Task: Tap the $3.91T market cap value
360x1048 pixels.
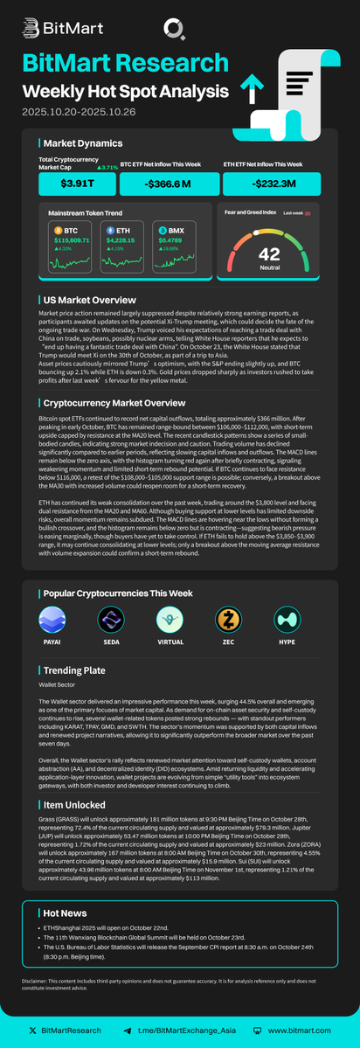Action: point(77,183)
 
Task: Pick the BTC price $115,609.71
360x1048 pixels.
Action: point(72,239)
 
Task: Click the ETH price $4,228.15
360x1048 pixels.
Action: point(121,239)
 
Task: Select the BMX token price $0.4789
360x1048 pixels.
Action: point(170,239)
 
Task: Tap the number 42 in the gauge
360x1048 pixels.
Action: point(269,253)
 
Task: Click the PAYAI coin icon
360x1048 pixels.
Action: point(52,620)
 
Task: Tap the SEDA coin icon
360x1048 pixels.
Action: point(111,620)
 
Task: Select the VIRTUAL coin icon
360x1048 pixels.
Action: point(169,620)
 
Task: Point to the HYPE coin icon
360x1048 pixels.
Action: point(287,620)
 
